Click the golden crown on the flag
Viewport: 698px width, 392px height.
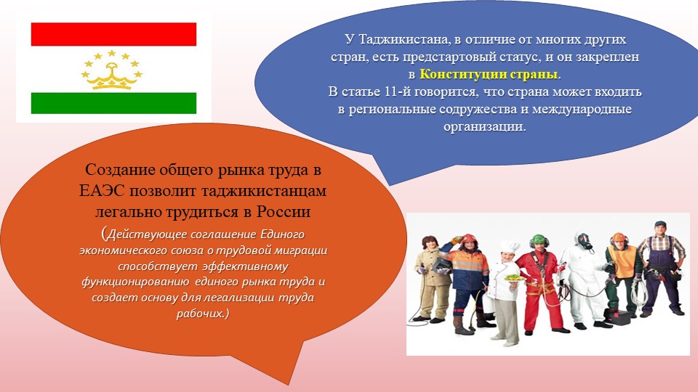click(x=112, y=76)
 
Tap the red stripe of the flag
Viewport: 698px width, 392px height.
click(x=113, y=34)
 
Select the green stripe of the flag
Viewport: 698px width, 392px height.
click(x=113, y=103)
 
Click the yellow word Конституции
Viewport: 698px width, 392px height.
click(x=463, y=74)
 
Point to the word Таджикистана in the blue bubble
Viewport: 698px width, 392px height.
click(x=405, y=39)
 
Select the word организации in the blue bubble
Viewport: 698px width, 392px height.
click(x=484, y=126)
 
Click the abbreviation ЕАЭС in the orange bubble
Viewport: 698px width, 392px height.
click(x=103, y=191)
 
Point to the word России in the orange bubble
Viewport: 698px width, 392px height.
click(x=283, y=211)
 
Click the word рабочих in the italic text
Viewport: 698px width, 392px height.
click(x=201, y=314)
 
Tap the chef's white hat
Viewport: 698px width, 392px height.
click(x=509, y=247)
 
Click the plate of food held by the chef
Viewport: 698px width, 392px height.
click(x=513, y=277)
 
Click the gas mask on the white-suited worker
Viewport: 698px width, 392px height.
click(x=584, y=241)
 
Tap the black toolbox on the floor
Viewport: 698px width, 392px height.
click(x=617, y=317)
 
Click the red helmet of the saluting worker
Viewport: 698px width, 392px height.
click(x=469, y=240)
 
